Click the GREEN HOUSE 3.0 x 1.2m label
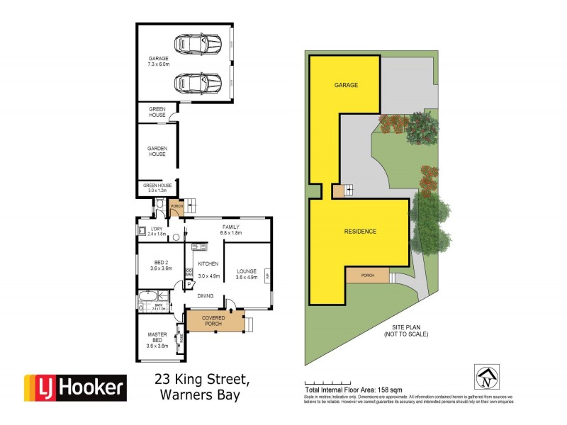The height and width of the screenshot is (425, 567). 157,188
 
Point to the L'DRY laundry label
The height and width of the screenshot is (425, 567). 157,230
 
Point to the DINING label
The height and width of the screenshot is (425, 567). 206,295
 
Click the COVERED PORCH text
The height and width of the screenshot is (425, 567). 213,320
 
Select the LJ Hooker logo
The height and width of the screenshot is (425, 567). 76,387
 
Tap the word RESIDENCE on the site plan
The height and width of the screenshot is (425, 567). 360,232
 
